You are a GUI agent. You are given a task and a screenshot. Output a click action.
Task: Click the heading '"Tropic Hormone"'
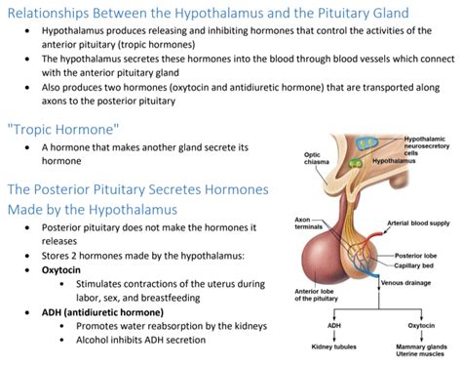(x=62, y=130)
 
